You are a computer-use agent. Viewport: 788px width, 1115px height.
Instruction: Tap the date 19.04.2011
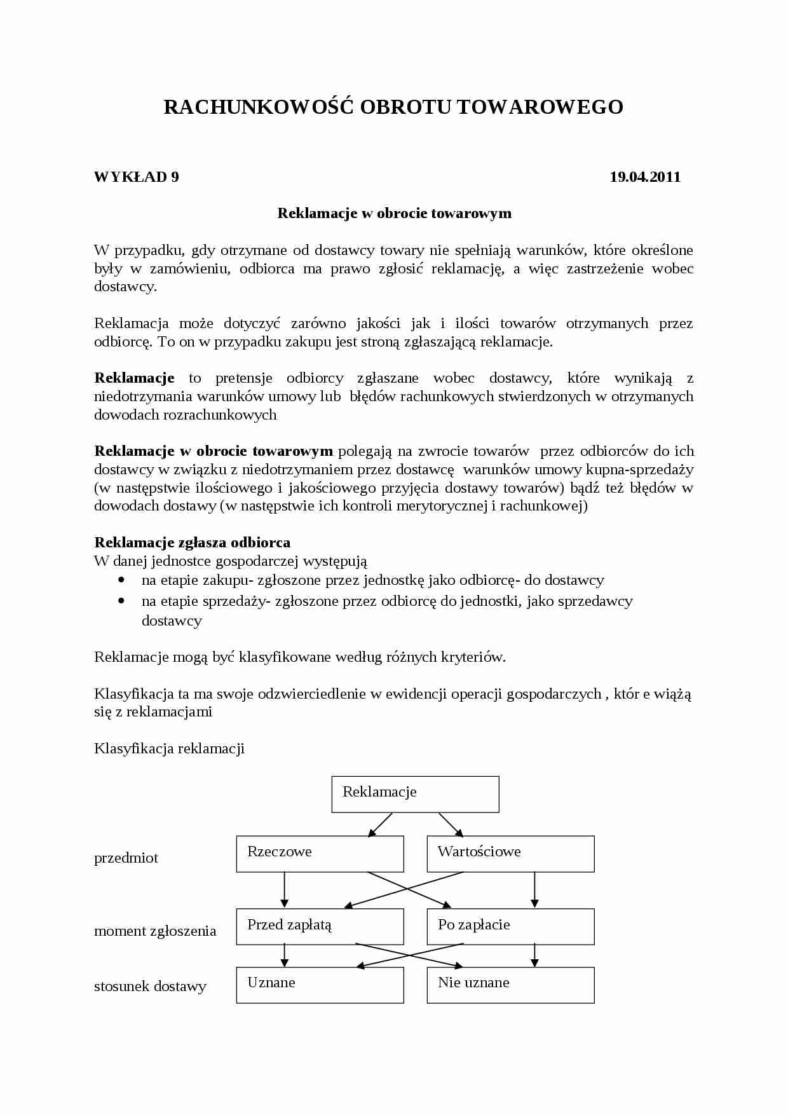[644, 177]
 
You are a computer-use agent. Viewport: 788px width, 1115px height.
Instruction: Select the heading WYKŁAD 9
[136, 177]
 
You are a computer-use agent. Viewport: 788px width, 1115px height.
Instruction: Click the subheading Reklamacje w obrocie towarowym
[394, 214]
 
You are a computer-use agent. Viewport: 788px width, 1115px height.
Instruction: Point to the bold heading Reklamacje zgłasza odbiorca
[192, 543]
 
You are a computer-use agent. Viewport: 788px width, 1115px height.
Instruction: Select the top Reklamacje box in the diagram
[415, 794]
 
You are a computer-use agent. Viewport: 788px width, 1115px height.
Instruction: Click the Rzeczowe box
[320, 854]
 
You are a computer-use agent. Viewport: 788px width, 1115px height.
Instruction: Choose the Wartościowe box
[510, 854]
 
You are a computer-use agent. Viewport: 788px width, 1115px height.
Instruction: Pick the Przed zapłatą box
[320, 926]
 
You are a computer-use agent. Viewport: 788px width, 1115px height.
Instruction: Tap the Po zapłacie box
[510, 926]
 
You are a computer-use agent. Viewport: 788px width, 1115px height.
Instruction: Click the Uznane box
[320, 985]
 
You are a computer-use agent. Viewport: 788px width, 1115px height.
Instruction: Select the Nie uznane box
[510, 985]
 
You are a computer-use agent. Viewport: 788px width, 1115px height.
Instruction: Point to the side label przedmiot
[126, 858]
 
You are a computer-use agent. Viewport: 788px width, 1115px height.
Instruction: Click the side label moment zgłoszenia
[155, 931]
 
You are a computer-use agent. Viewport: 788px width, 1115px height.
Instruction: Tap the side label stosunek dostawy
[150, 987]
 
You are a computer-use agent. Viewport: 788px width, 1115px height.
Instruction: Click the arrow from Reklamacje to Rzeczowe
[381, 824]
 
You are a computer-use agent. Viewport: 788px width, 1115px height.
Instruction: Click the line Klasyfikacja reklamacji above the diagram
[169, 749]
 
